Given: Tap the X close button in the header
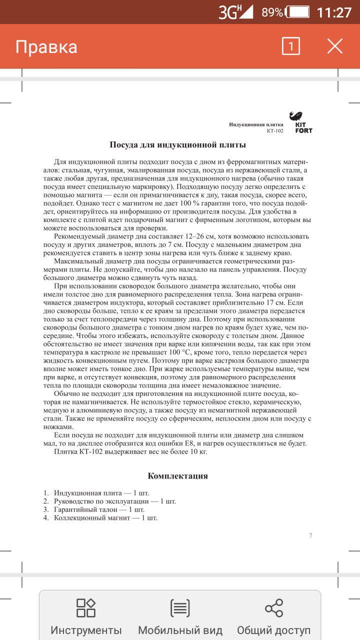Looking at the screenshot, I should tap(334, 46).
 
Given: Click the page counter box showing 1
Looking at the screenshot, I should tap(291, 46).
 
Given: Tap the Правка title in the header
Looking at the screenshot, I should tap(46, 47).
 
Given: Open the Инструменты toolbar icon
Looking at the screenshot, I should tap(86, 608).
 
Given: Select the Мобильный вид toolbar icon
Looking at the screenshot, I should tap(180, 608).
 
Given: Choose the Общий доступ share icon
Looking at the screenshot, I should tap(273, 608).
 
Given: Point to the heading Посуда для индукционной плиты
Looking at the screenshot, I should tap(178, 145).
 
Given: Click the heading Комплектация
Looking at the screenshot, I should tap(178, 476).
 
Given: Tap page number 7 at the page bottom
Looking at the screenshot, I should tap(310, 536).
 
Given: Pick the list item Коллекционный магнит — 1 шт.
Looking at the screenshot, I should tap(105, 518).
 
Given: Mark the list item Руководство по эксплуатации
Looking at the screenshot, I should tap(115, 501).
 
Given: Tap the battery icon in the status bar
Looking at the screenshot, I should tap(299, 12).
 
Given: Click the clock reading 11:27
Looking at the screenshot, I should tap(334, 12).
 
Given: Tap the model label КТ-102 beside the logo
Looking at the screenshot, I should tap(274, 131).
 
